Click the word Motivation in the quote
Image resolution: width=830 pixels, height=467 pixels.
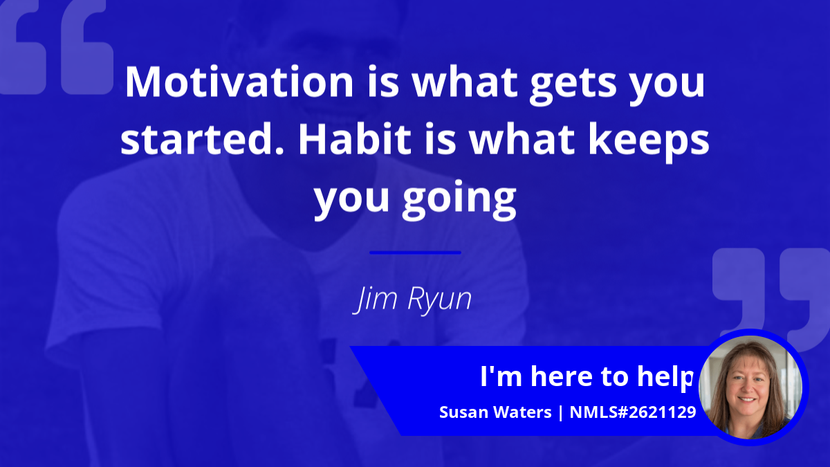239,82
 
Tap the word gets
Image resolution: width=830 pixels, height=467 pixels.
573,85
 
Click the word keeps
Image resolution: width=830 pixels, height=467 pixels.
649,142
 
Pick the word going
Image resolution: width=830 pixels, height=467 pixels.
459,200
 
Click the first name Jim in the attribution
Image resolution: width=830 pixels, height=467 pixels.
375,300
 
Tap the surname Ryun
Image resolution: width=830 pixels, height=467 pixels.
439,301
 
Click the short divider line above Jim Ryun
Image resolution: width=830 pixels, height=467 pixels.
415,253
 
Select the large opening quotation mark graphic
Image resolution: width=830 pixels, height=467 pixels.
55,46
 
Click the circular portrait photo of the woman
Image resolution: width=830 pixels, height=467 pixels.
750,387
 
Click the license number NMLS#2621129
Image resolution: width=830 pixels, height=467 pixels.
633,412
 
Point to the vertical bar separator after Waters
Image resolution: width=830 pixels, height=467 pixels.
561,413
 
